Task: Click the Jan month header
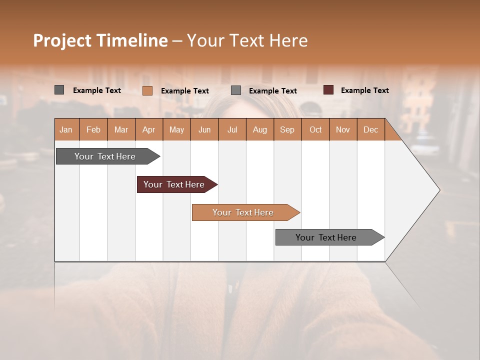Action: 66,129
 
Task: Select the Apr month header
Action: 149,129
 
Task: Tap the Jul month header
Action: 232,129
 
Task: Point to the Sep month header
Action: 287,129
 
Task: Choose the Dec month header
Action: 370,129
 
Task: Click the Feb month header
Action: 93,129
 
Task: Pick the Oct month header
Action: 315,129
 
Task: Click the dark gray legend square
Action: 59,90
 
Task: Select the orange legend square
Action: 147,90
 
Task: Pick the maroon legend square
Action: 328,90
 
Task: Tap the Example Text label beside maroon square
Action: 364,90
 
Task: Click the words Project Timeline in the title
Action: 100,40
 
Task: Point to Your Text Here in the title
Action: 247,40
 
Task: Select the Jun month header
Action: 204,129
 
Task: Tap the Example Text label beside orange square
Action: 184,90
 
